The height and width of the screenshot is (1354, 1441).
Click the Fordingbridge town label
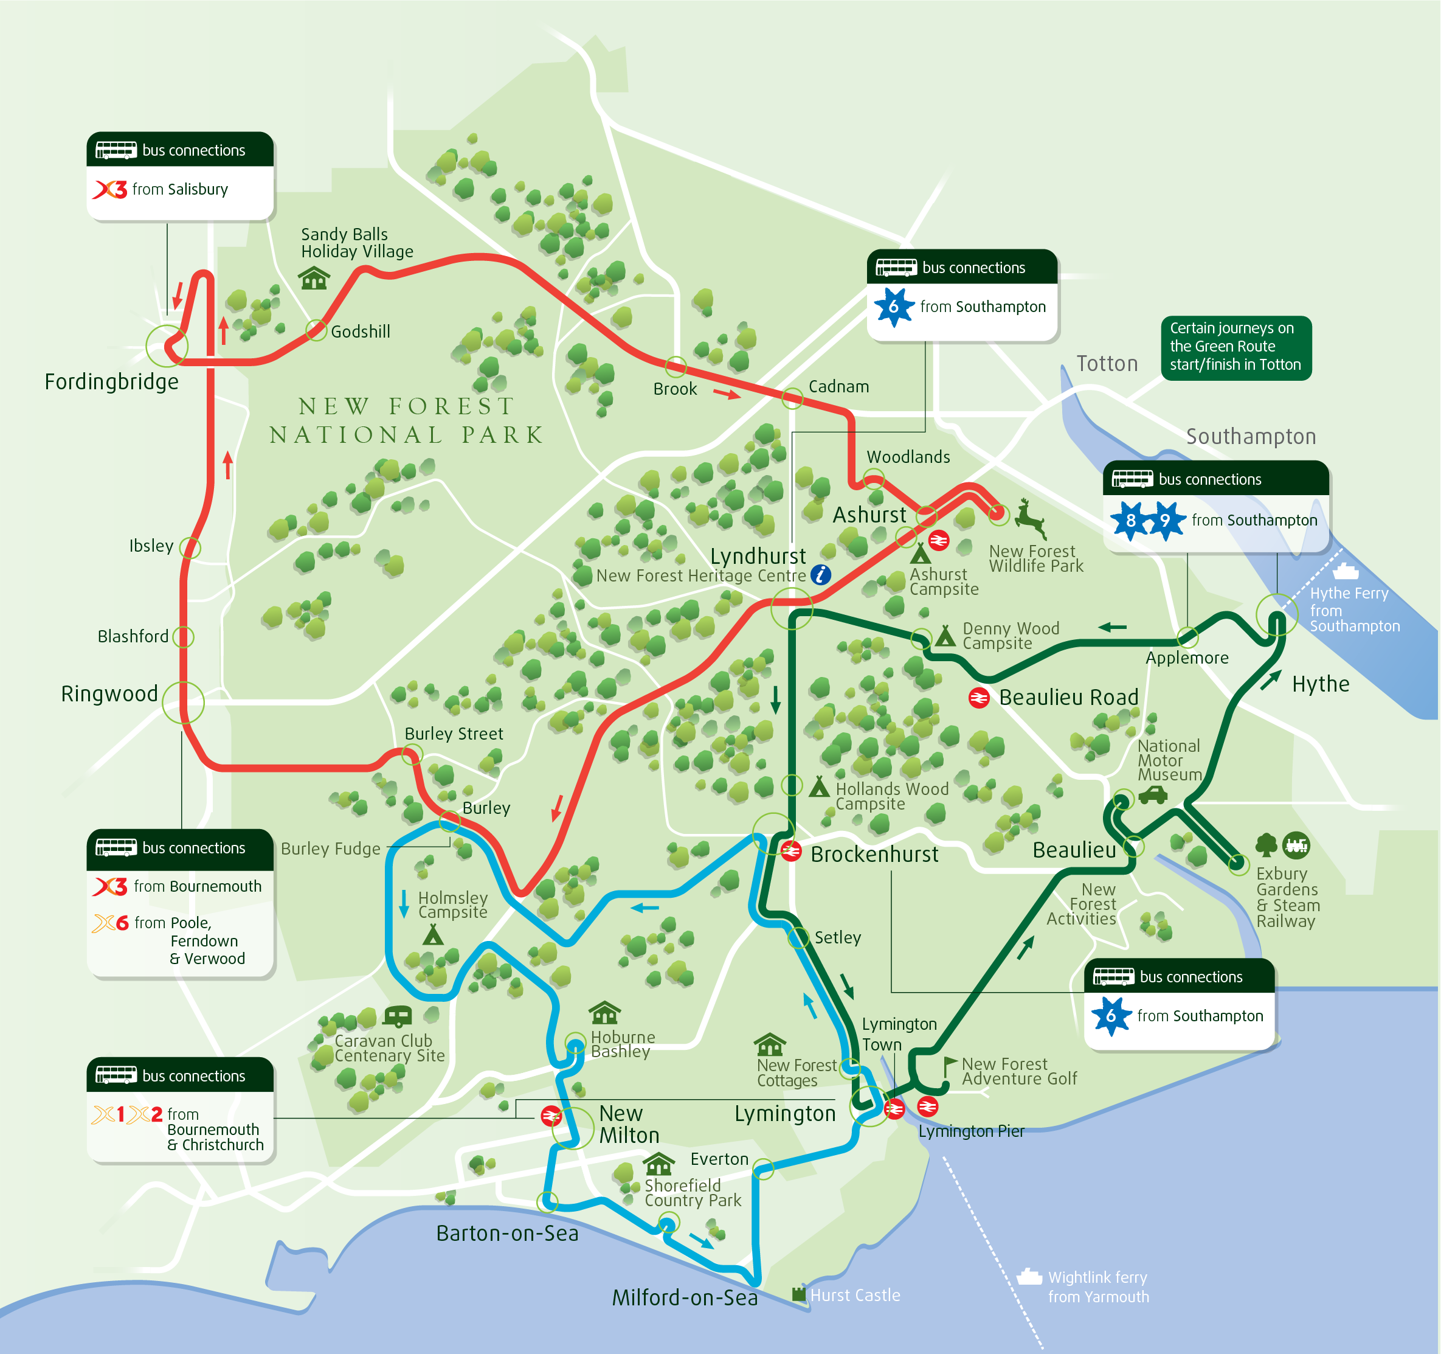tap(112, 381)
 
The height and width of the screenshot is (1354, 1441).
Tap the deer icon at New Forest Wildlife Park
tap(1029, 518)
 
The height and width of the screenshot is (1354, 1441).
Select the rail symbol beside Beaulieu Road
tap(978, 698)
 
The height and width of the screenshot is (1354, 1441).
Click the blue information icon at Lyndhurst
tap(821, 575)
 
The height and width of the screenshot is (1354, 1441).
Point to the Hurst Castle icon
tap(799, 1294)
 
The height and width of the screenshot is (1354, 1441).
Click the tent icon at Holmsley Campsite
tap(433, 935)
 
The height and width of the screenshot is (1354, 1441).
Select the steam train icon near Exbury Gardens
tap(1296, 845)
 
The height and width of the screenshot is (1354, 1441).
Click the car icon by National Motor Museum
tap(1153, 796)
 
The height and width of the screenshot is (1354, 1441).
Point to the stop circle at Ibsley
tap(190, 547)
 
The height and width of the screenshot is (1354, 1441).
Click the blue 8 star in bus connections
tap(1130, 520)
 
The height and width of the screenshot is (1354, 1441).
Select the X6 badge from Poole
tap(111, 923)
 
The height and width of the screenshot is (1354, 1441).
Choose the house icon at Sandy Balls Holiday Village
tap(314, 278)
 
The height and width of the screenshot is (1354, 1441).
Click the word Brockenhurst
tap(874, 855)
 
